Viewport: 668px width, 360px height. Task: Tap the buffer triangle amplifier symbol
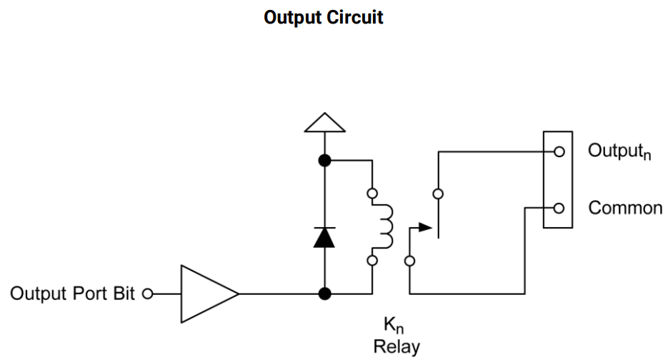click(208, 294)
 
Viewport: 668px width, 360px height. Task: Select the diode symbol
click(324, 237)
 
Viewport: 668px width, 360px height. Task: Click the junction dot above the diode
click(324, 161)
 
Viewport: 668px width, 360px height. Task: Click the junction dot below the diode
click(324, 294)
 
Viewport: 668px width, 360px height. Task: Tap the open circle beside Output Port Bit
click(148, 294)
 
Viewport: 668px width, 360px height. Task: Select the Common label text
click(625, 209)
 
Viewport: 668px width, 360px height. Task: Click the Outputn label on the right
click(619, 152)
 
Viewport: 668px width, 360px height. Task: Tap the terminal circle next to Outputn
click(559, 151)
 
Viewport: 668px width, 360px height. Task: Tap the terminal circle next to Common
click(559, 209)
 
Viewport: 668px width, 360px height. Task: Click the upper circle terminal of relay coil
click(372, 194)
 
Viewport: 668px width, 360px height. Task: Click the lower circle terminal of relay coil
click(372, 261)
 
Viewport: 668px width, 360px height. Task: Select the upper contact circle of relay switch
click(438, 194)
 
